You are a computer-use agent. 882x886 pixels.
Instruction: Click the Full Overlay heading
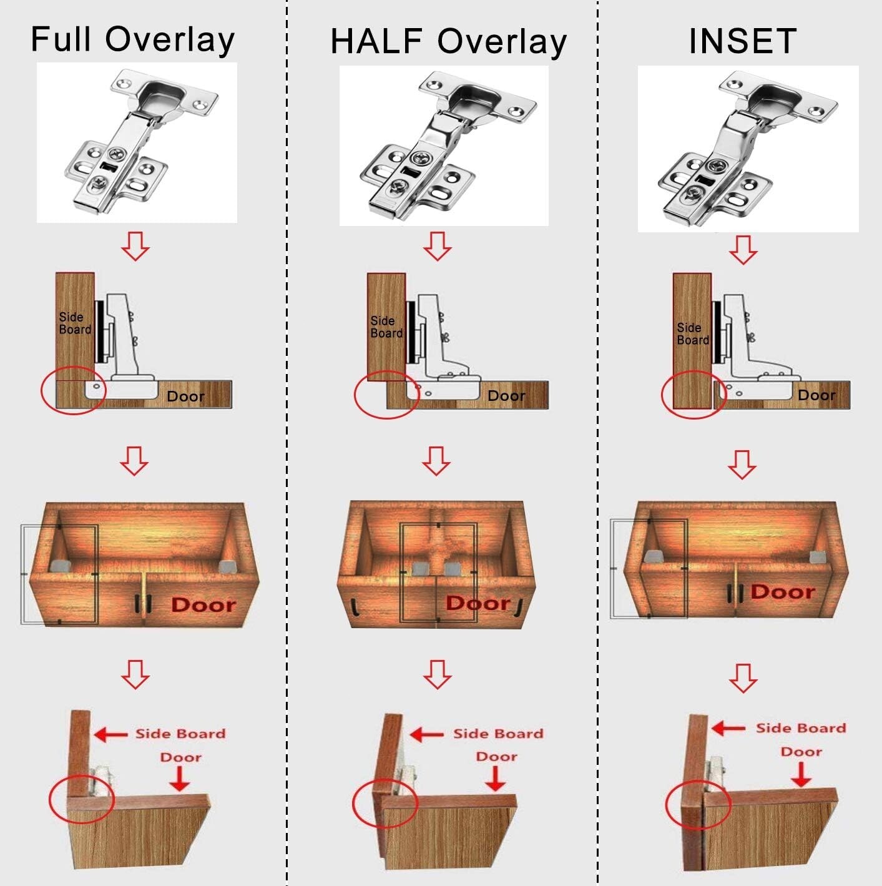click(x=132, y=39)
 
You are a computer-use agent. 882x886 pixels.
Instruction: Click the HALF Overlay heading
click(x=448, y=41)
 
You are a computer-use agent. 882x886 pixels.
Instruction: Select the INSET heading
click(x=742, y=41)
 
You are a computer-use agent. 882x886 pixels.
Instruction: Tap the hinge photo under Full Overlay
click(x=137, y=142)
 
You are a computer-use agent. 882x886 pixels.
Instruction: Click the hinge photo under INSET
click(x=748, y=149)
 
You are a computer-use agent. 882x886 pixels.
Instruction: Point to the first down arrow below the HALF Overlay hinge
click(x=437, y=246)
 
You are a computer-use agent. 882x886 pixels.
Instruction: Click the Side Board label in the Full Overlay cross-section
click(x=75, y=323)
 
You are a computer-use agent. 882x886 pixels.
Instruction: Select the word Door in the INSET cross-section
click(x=816, y=395)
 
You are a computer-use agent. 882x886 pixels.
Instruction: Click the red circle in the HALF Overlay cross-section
click(x=385, y=395)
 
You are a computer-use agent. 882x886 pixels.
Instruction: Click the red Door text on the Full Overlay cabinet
click(x=203, y=604)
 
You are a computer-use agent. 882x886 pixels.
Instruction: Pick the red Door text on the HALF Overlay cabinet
click(x=478, y=603)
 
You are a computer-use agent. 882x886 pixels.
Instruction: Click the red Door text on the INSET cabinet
click(x=783, y=591)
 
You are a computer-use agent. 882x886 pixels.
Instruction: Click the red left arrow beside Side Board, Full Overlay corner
click(x=110, y=734)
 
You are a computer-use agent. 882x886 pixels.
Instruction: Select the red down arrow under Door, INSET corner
click(x=801, y=774)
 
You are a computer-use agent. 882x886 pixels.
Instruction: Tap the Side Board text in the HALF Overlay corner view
click(x=498, y=734)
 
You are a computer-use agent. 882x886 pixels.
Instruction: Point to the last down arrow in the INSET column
click(x=743, y=677)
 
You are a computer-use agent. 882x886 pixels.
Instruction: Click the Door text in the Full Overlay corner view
click(x=180, y=757)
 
